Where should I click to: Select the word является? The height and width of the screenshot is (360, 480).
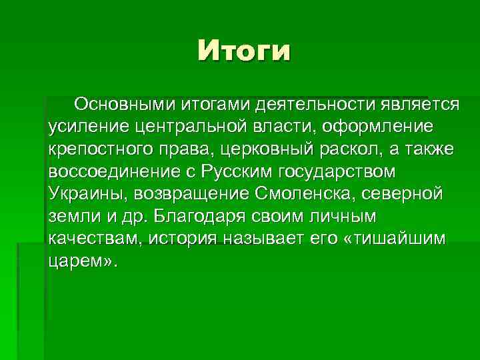click(x=417, y=104)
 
